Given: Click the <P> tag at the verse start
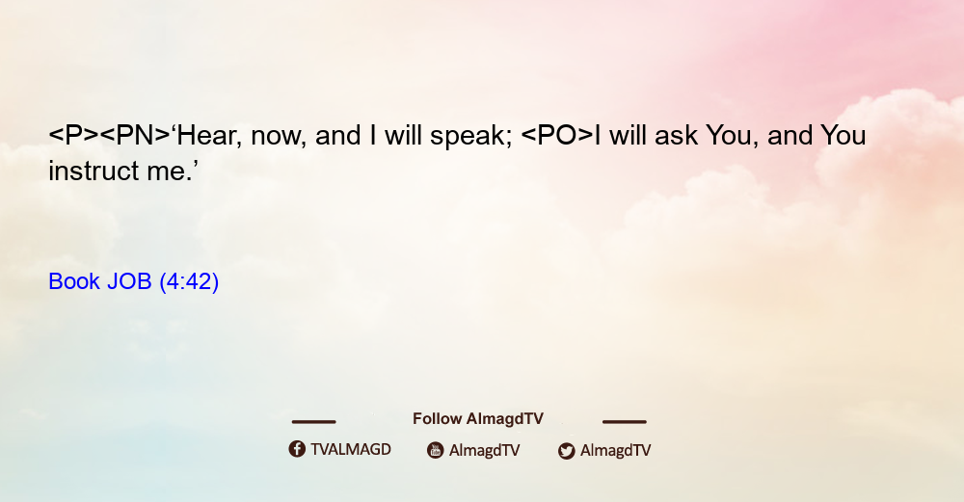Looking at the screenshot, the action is (x=73, y=135).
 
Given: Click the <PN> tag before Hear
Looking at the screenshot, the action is (x=135, y=135).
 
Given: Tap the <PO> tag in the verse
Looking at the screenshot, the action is (x=557, y=135).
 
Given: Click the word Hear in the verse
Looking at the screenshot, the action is (x=207, y=136).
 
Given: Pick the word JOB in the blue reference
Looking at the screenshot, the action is (x=129, y=281).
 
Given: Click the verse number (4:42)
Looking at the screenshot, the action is (x=189, y=281).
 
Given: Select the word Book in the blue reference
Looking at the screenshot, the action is (x=74, y=281).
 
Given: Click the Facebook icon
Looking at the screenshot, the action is (x=297, y=449).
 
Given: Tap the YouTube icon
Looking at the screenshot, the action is (x=436, y=450).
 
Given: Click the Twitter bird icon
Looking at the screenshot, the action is (x=566, y=451).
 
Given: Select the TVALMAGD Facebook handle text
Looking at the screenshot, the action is (x=351, y=449).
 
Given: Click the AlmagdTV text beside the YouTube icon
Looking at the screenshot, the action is (x=485, y=450).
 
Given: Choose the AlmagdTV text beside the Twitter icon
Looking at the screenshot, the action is (x=615, y=450).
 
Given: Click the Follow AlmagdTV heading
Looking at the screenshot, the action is (x=478, y=418).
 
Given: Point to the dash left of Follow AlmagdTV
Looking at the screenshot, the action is (x=313, y=421).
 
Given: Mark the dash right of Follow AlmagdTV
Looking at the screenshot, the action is (x=625, y=421).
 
